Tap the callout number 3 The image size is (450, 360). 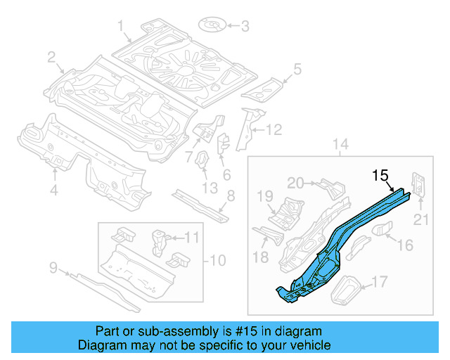pyautogui.click(x=245, y=27)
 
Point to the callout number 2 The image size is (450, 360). pyautogui.click(x=52, y=58)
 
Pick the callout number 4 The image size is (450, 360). pyautogui.click(x=54, y=191)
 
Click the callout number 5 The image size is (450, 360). pyautogui.click(x=297, y=69)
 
